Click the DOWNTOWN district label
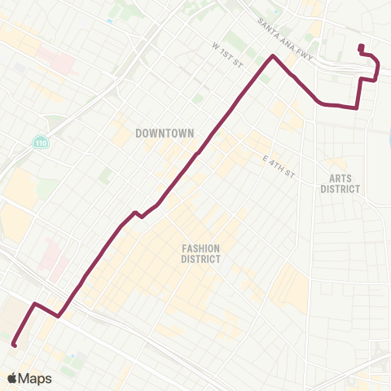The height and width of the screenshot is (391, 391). pos(164,132)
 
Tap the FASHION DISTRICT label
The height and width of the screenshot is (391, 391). pos(200,253)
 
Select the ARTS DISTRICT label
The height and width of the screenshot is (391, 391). pos(340,183)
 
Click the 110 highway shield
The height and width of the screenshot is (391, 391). pos(41,143)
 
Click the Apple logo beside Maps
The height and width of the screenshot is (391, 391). pos(12,377)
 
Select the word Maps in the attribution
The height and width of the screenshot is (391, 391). pos(36,377)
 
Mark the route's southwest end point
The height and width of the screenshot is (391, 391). pos(14,345)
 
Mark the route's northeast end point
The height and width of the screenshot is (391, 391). pos(360,46)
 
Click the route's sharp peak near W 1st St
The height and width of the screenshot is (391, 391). pos(273,56)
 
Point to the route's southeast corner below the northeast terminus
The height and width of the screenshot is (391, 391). pos(357,108)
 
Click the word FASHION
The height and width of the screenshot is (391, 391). pos(200,248)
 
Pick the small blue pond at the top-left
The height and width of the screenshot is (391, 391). pos(110,20)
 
